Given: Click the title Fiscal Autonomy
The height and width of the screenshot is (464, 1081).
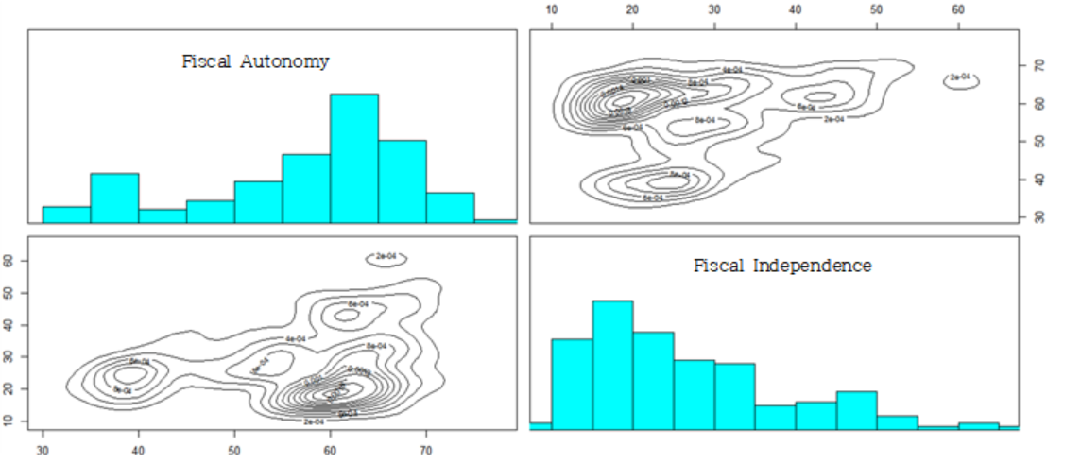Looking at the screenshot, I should [x=255, y=62].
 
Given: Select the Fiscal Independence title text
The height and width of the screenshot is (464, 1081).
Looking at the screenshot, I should [x=782, y=266].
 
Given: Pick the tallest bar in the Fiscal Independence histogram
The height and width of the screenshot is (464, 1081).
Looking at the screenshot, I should [x=612, y=364].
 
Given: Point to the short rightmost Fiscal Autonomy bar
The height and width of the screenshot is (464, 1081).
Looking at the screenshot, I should [x=494, y=221].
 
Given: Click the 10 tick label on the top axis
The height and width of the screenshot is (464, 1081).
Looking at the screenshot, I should [x=552, y=9].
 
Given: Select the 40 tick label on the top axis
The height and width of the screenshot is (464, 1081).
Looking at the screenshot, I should [x=796, y=9].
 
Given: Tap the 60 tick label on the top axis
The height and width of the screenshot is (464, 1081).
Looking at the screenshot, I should [x=958, y=9].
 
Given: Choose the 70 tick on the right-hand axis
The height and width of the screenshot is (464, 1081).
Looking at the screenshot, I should [x=1038, y=66].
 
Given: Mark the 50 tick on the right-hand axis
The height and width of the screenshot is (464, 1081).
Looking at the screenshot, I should [x=1038, y=142].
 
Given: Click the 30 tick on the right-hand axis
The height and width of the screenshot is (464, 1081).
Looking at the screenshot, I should [x=1038, y=217].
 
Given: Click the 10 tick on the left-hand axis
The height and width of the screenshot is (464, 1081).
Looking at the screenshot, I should [x=9, y=421].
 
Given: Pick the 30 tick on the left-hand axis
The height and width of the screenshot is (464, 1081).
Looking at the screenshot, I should [x=9, y=356].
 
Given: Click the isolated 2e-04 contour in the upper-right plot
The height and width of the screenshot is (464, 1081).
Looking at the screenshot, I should [x=960, y=80].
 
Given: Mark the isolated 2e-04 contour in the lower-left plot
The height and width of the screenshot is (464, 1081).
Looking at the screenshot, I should [x=386, y=259].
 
